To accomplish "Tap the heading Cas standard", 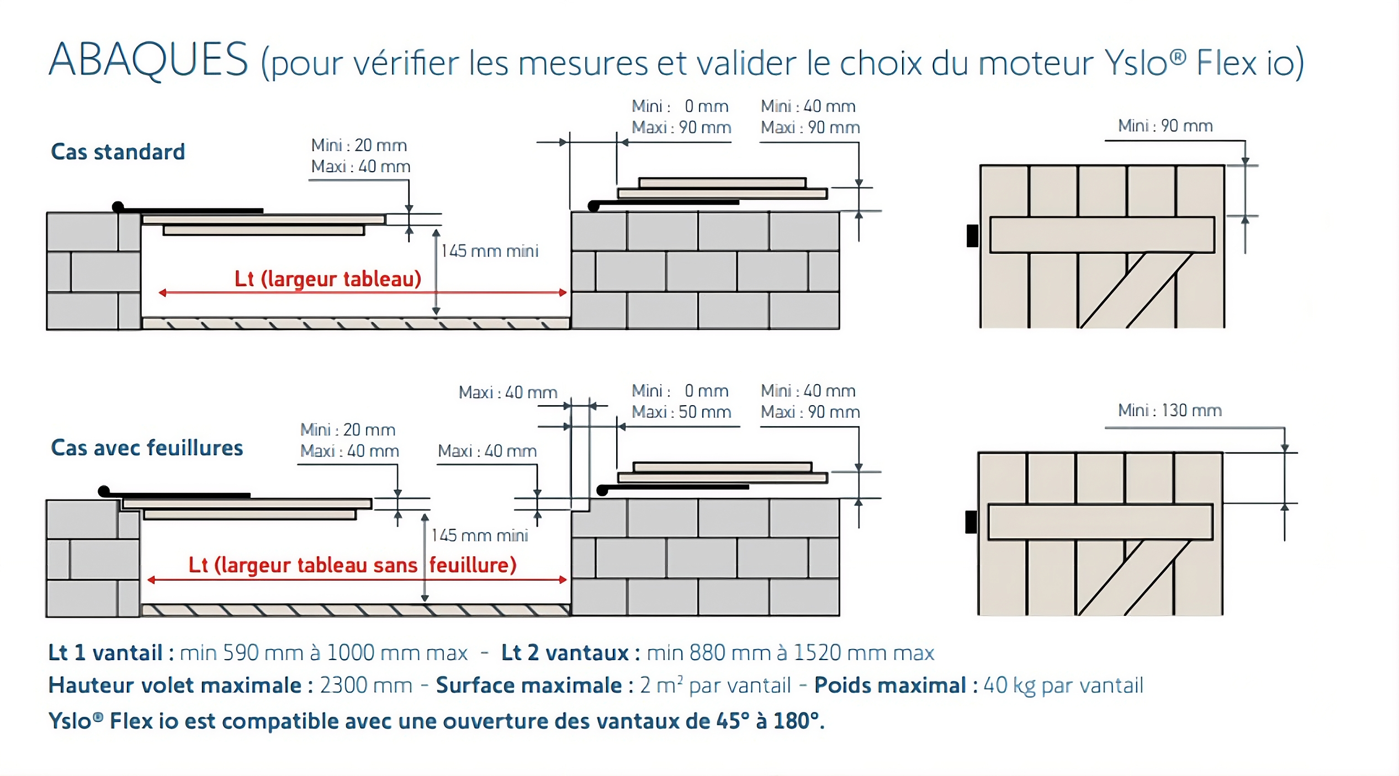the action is coord(118,152).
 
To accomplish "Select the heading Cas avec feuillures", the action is coord(147,448).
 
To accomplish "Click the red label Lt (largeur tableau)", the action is coord(328,279).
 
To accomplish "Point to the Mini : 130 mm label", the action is coord(1170,410).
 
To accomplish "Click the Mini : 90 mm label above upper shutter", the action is coord(1165,126).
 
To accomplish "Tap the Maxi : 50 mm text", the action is coord(681,412).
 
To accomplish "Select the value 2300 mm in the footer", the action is coord(366,685).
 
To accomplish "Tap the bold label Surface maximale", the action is coord(529,685).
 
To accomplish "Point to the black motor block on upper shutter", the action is coord(972,236).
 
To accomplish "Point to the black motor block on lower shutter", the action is coord(971,522).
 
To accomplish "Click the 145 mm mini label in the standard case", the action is coord(490,251).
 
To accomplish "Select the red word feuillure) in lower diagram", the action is coord(473,565).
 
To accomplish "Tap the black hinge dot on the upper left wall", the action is coord(118,207).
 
